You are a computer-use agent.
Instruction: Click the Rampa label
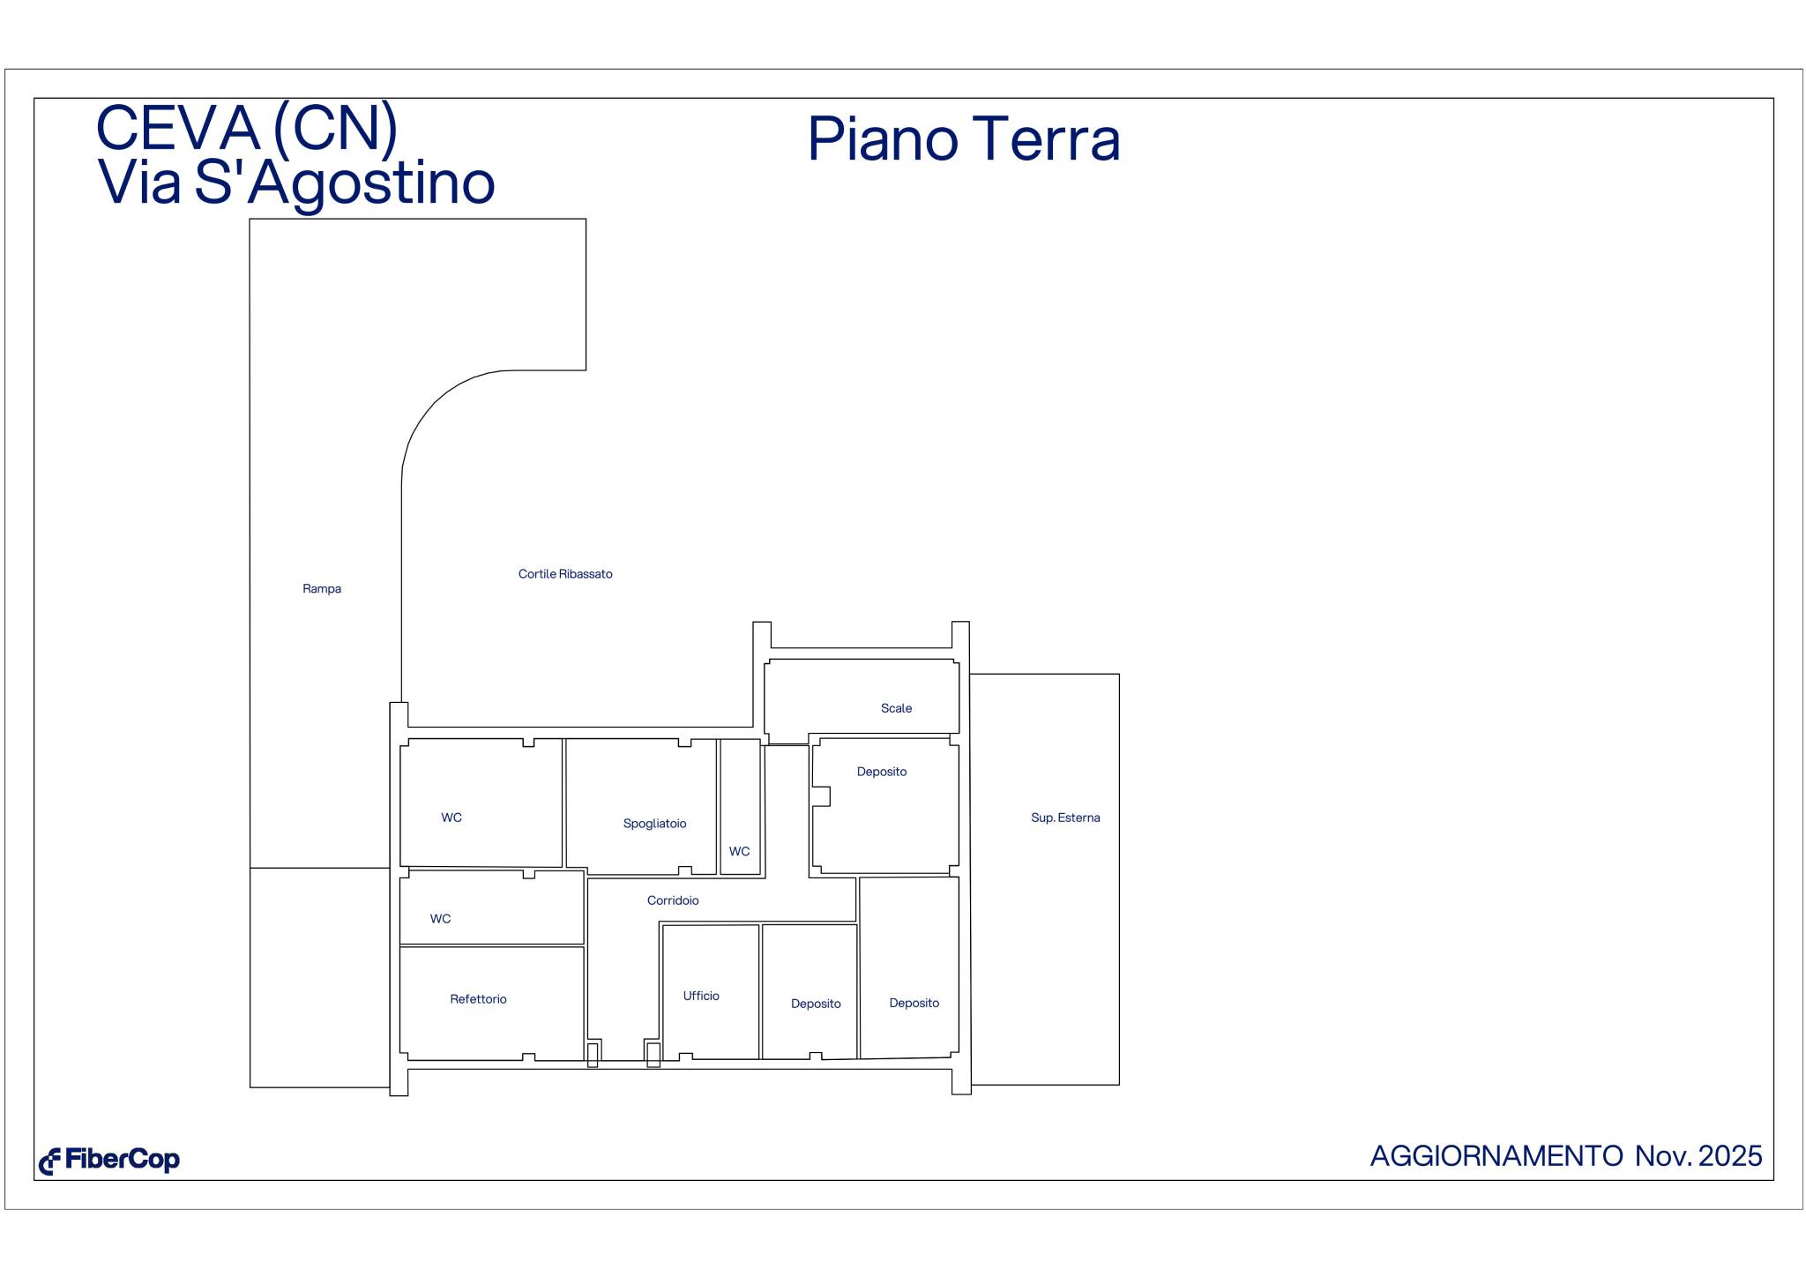321,589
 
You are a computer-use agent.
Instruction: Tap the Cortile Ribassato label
564,574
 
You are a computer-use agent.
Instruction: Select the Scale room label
896,708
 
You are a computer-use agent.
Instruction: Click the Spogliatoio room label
654,824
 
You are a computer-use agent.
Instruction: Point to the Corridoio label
673,900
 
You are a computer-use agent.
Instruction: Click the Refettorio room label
478,999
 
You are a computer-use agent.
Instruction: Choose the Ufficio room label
701,996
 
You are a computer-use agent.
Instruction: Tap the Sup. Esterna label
1065,818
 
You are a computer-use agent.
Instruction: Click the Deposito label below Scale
881,772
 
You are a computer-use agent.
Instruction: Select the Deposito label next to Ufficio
816,1004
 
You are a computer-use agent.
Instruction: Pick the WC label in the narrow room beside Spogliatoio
739,852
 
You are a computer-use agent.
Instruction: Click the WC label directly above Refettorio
440,919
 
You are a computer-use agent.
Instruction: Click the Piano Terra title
963,139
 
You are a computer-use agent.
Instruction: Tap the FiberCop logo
109,1161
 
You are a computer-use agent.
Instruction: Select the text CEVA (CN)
247,128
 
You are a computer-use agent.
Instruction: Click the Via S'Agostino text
296,183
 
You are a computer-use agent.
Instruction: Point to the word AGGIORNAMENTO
1496,1156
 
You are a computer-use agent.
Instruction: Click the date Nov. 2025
1698,1156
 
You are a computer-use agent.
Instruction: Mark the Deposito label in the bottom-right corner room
914,1003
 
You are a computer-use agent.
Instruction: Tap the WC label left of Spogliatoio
451,818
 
